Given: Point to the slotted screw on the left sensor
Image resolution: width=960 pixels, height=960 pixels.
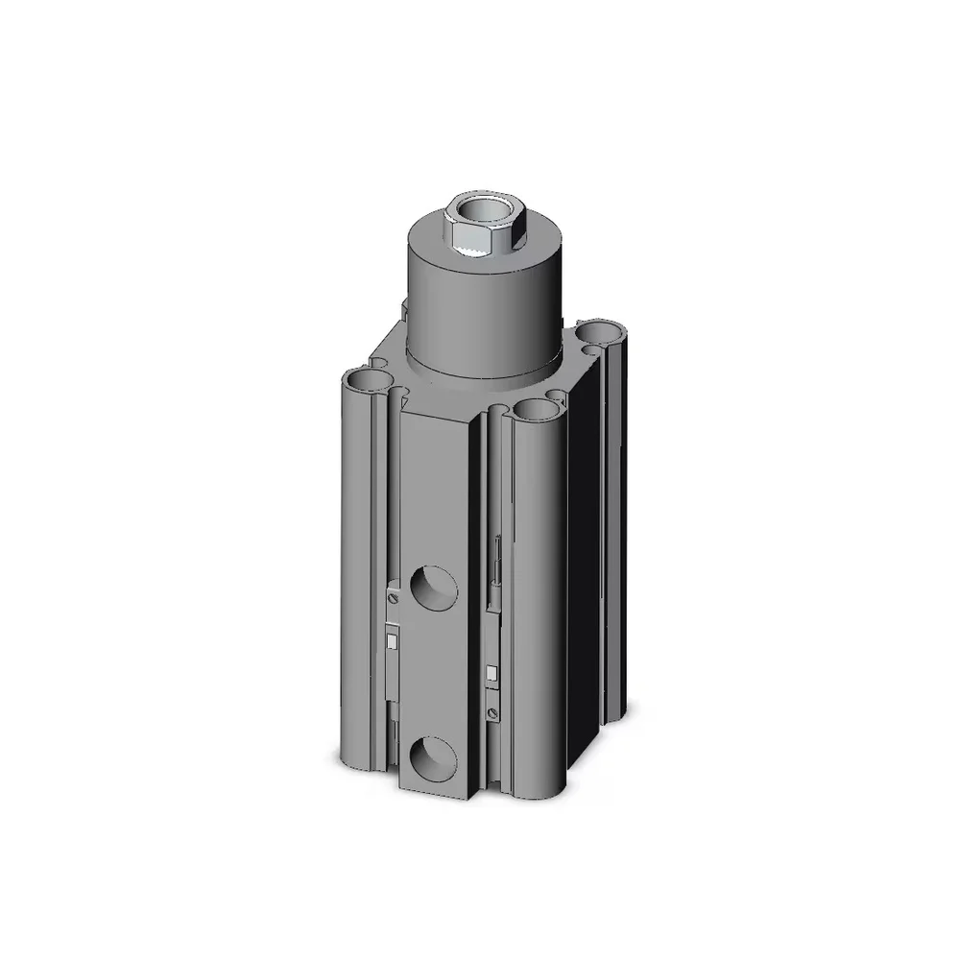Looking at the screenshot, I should (x=393, y=597).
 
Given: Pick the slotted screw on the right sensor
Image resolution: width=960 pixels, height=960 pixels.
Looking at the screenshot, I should (x=492, y=712).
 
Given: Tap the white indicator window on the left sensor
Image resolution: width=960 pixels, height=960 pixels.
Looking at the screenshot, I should (x=392, y=640).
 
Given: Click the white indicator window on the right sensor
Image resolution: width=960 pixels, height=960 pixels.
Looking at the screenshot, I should (x=492, y=673).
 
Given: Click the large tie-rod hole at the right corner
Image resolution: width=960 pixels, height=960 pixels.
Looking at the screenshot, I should (x=605, y=332).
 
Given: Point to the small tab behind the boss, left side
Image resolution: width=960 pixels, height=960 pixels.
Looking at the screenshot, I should (x=404, y=309).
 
